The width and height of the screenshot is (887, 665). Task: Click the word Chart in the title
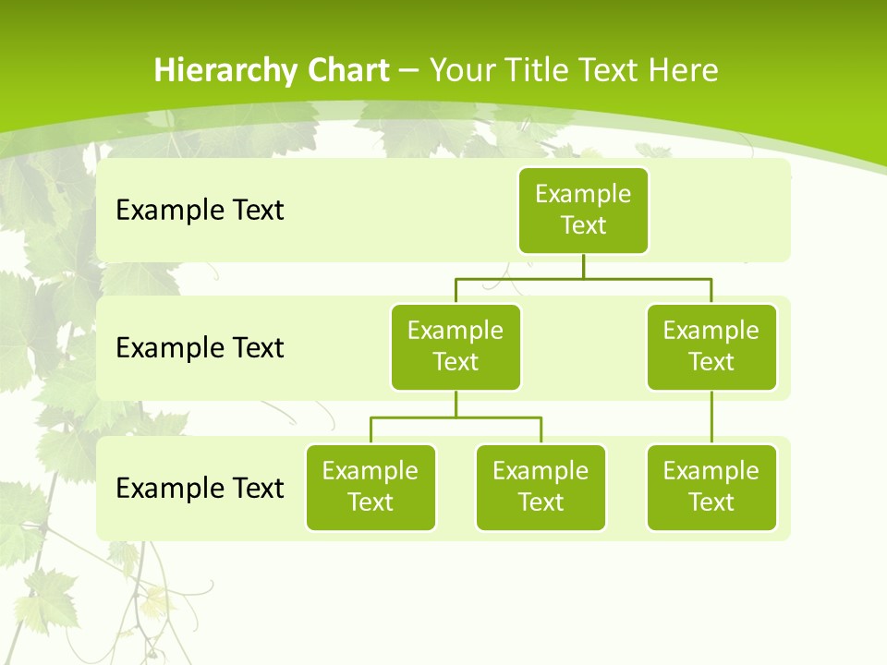tap(348, 70)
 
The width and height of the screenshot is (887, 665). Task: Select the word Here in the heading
tap(683, 70)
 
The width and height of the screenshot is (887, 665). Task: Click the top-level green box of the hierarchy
tap(583, 211)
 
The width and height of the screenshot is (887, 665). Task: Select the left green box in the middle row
tap(456, 347)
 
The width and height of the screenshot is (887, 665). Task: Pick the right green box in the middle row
tap(711, 347)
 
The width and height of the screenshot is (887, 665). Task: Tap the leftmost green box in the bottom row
tap(371, 488)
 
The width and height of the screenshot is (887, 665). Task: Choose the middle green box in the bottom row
tap(541, 488)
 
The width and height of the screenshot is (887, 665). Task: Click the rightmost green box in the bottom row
tap(711, 488)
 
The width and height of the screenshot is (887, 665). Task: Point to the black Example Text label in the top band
tap(200, 211)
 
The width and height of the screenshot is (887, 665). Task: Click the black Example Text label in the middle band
tap(200, 348)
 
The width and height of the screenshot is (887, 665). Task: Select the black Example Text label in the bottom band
tap(200, 488)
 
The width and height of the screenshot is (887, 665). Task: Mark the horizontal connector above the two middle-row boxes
tap(583, 277)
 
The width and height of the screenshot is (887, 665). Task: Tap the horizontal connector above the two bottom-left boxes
tap(456, 417)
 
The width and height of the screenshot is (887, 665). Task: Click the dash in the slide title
tap(409, 71)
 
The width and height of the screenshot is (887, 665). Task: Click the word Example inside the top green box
tap(583, 194)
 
